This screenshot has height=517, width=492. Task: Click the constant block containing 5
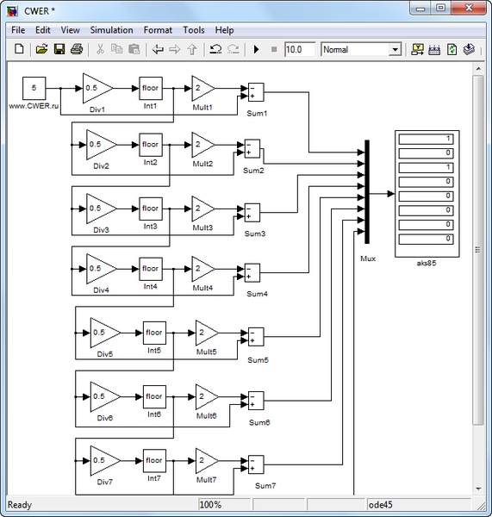point(34,88)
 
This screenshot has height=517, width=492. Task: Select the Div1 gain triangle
point(96,88)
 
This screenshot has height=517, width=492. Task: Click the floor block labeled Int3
point(150,209)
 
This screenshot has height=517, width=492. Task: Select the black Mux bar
point(366,191)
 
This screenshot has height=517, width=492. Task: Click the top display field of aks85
point(426,139)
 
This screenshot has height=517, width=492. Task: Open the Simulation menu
point(111,30)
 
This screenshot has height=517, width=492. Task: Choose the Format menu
point(158,30)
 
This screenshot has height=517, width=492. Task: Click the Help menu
point(224,30)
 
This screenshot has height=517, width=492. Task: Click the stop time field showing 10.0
point(299,50)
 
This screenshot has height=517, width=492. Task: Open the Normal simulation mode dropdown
point(361,50)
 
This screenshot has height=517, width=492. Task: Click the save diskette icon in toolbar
point(59,50)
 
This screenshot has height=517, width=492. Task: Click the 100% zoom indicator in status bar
point(212,504)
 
